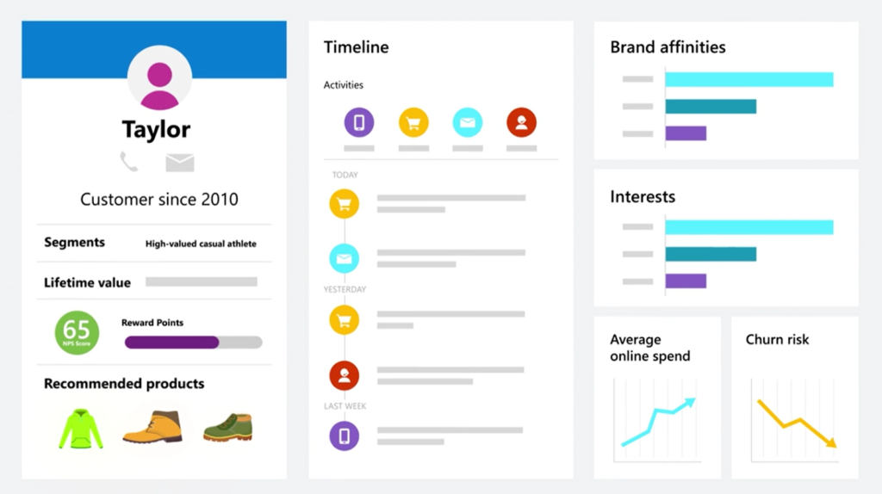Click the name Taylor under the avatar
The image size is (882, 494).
click(157, 130)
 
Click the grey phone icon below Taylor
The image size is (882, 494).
click(129, 162)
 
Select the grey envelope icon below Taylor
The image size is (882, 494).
click(180, 163)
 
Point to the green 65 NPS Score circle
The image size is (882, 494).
click(77, 333)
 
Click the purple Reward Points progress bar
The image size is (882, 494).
click(171, 343)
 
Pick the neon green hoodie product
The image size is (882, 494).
click(81, 429)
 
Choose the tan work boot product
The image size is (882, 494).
click(152, 427)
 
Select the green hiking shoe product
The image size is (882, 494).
click(227, 427)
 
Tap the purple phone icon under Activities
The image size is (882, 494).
click(359, 122)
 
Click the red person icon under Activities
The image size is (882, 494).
click(521, 122)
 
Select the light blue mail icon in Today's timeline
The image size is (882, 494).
click(345, 258)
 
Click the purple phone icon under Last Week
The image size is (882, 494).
click(345, 436)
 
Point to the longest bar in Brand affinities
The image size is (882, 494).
click(749, 79)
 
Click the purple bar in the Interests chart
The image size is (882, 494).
click(686, 281)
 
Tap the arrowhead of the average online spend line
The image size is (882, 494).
click(691, 403)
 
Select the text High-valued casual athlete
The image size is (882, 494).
click(201, 244)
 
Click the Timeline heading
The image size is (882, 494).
click(356, 47)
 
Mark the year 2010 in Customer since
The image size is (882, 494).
click(220, 200)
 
